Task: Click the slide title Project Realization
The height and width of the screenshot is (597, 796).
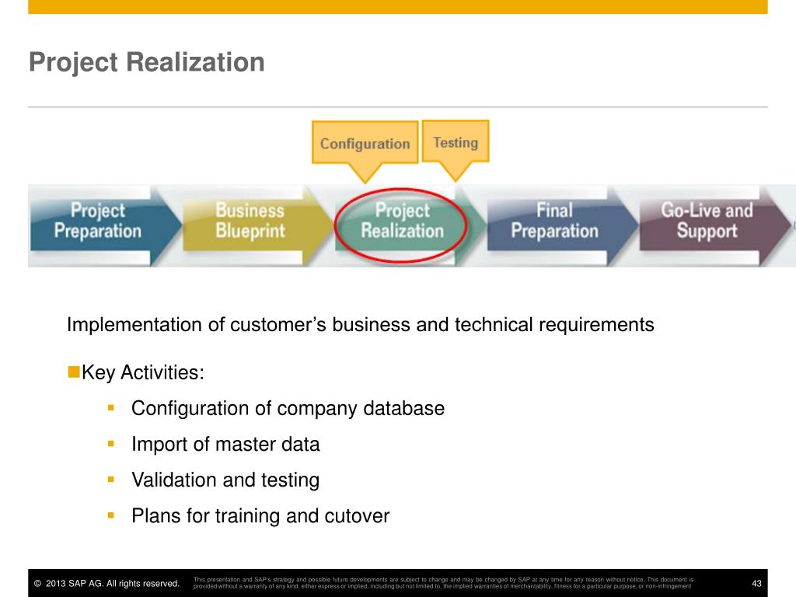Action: pos(146,62)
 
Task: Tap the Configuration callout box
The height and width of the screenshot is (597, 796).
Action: pos(365,143)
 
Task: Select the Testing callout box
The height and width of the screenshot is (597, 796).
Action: pos(456,141)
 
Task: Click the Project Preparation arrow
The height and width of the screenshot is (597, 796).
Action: pos(98,221)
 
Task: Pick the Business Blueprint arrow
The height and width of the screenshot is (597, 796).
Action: pos(250,221)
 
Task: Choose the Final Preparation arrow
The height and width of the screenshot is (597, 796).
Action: pos(554,221)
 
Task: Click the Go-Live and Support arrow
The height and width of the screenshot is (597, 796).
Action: pos(707,221)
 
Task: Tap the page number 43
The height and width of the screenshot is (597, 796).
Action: pos(756,584)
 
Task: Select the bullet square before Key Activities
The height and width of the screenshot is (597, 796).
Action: pos(74,372)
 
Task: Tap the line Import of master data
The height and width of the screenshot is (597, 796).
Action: pos(225,445)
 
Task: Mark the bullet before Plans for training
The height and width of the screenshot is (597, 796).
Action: pos(111,515)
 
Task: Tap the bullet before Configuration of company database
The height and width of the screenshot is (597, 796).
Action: pos(111,407)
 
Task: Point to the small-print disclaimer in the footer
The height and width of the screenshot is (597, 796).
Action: pos(443,583)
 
